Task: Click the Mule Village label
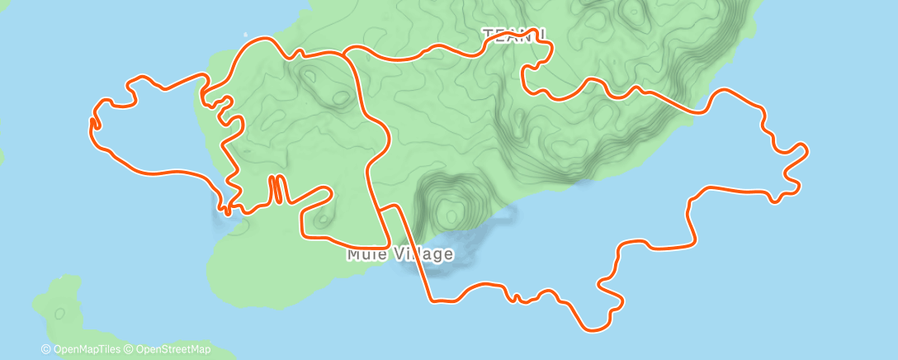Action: pos(399,253)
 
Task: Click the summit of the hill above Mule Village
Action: pos(451,215)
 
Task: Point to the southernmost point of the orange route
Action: pos(593,329)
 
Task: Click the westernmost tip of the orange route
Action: pos(91,124)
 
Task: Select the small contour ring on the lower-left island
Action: pos(59,313)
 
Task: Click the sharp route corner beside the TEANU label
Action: pos(546,38)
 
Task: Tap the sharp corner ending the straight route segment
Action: pos(430,299)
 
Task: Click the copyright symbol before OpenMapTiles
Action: pos(45,349)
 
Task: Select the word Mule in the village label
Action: pos(363,253)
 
